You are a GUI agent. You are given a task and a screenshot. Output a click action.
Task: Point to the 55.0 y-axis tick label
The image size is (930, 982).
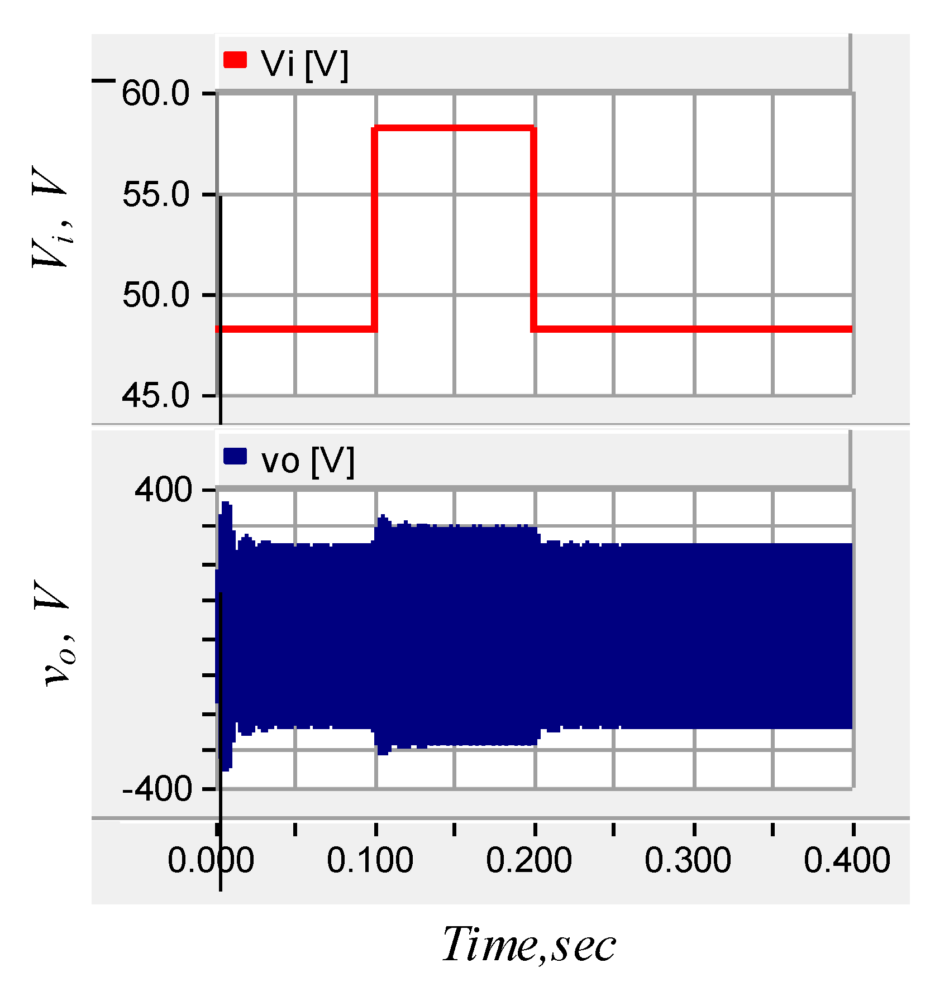(x=156, y=194)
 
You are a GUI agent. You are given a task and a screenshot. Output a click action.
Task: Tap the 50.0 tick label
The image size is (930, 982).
(x=156, y=295)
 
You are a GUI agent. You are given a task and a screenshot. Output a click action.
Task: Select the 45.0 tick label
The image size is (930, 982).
(x=156, y=396)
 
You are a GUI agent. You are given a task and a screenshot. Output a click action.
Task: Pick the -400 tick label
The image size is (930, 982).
(x=157, y=789)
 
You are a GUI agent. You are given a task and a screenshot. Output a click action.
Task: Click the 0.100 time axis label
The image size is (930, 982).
(x=370, y=860)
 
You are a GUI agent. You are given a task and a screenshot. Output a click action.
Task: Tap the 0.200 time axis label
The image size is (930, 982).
(x=528, y=860)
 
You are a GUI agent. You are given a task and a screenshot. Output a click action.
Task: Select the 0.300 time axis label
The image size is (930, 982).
(x=688, y=860)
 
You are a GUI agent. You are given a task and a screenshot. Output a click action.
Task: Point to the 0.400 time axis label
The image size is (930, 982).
(x=846, y=860)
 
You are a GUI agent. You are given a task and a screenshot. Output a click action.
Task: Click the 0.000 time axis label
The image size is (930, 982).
(x=211, y=860)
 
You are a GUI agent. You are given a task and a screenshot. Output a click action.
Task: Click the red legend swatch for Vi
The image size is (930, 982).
(x=235, y=60)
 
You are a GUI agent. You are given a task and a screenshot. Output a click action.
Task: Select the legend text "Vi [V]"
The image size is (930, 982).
(x=304, y=64)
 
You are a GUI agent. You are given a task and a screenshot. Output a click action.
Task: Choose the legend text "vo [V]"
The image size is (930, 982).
(x=308, y=461)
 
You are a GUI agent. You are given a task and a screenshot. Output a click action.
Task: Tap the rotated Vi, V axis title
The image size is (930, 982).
(x=51, y=218)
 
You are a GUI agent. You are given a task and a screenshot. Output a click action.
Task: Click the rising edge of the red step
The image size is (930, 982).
(x=375, y=229)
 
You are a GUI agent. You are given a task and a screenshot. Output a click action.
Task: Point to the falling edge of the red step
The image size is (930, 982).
(x=534, y=229)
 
